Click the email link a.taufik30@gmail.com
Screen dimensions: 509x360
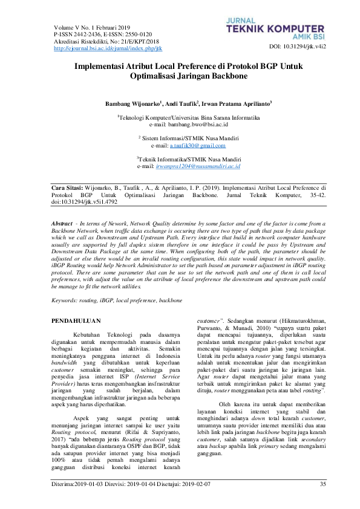coord(197,146)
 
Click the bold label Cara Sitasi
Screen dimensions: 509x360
coord(65,188)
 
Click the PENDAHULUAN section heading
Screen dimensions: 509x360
coord(76,320)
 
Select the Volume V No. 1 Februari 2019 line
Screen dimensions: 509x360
coord(92,28)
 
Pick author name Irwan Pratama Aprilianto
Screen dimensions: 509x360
coord(237,105)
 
